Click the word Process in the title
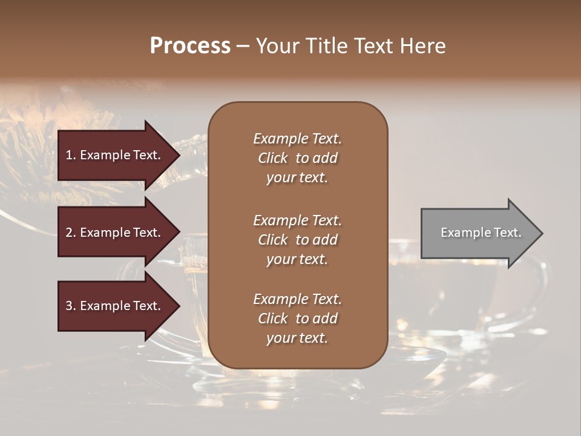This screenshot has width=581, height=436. pyautogui.click(x=190, y=46)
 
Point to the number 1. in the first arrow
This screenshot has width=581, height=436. pyautogui.click(x=71, y=155)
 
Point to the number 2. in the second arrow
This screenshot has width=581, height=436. pyautogui.click(x=71, y=233)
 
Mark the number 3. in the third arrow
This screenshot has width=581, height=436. pyautogui.click(x=71, y=306)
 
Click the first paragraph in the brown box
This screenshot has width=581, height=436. pyautogui.click(x=297, y=158)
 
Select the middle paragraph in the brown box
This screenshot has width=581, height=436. pyautogui.click(x=297, y=240)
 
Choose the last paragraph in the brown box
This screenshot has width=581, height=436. pyautogui.click(x=297, y=319)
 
